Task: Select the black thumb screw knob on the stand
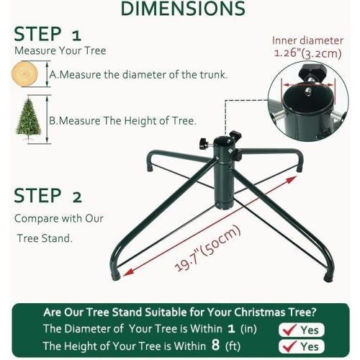click(235, 136)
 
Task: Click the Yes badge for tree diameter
click(300, 329)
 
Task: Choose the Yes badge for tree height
click(300, 346)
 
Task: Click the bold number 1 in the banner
click(231, 328)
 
